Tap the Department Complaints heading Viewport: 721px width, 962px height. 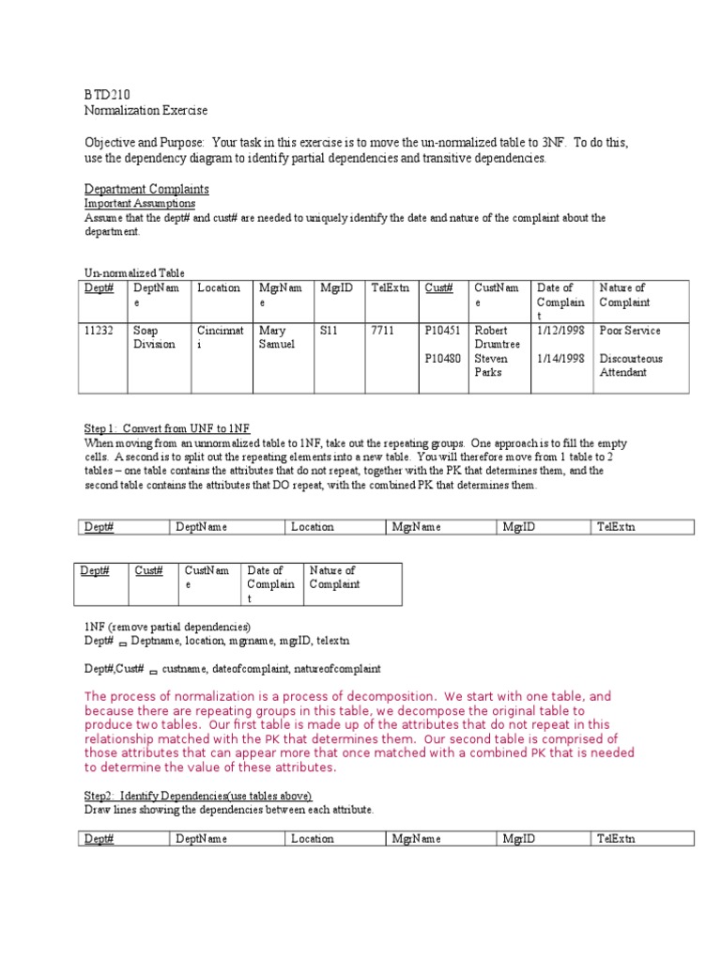[146, 189]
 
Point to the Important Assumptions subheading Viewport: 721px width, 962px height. [140, 203]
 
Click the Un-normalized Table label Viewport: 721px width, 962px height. [134, 273]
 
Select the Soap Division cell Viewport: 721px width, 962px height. [154, 337]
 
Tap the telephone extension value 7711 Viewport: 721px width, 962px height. [383, 331]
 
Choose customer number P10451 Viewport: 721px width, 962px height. [442, 331]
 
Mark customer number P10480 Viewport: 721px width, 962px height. [442, 358]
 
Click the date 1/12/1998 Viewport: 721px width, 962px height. [560, 331]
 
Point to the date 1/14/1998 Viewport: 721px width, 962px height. [560, 358]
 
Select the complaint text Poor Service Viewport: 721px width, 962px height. [630, 331]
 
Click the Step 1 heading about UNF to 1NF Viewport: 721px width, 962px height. [167, 427]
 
